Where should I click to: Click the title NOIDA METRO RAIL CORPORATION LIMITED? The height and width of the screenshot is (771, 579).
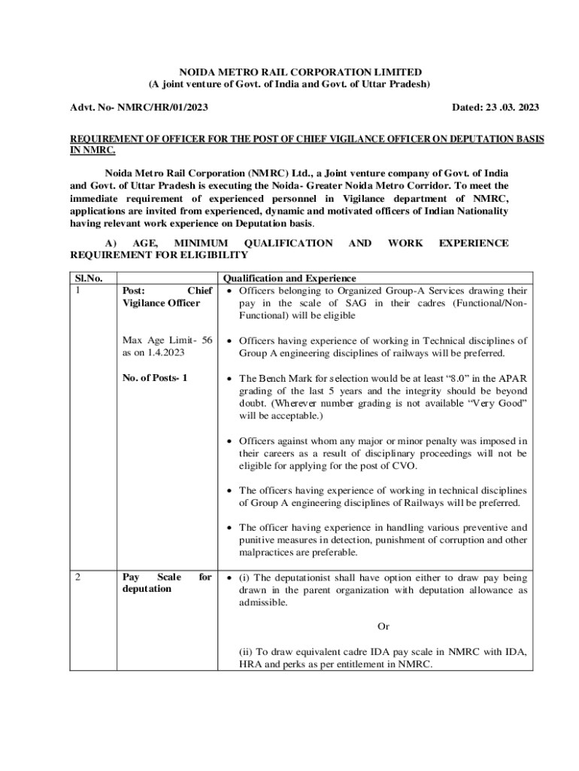point(289,72)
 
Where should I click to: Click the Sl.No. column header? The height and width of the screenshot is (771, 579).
point(87,278)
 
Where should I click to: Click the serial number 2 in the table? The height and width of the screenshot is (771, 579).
point(79,577)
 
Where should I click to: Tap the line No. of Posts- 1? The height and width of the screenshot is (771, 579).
point(154,378)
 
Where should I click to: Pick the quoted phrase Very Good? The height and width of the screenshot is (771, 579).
point(499,404)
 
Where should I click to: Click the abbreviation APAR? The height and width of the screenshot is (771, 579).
point(513,378)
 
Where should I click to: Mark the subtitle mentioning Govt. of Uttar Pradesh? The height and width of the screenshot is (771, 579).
point(289,84)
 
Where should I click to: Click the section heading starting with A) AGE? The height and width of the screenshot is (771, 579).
point(289,249)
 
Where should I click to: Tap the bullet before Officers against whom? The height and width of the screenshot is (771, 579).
point(232,441)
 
